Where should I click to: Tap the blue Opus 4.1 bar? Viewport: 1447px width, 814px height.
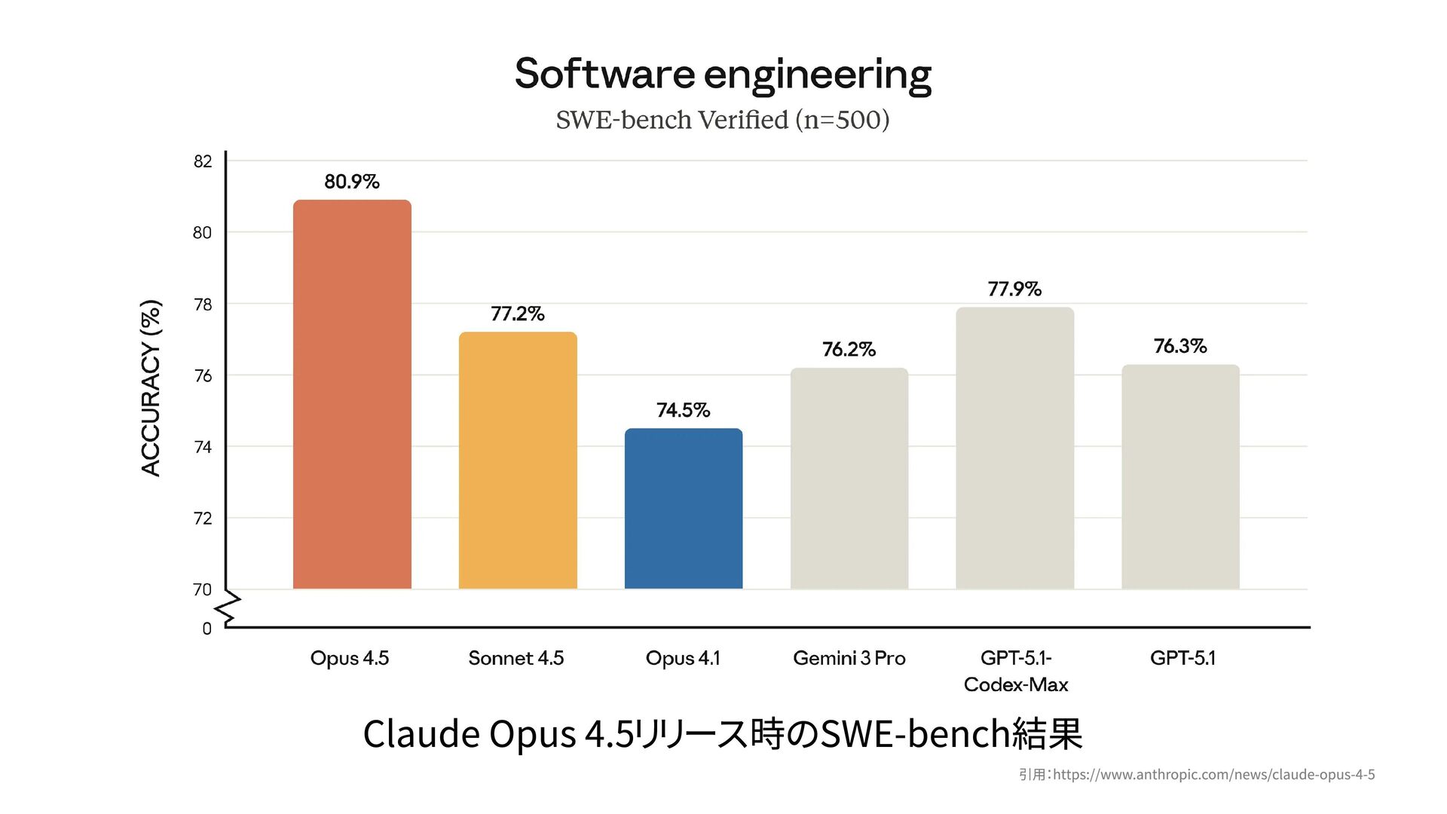coord(684,509)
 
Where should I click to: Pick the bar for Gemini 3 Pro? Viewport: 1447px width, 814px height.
coord(849,479)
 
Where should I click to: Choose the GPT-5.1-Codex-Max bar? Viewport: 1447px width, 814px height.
coord(1014,448)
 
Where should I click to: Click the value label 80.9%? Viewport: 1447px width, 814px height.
coord(352,182)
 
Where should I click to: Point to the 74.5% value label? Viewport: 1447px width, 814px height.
coord(684,410)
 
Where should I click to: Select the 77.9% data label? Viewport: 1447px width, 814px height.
coord(1014,289)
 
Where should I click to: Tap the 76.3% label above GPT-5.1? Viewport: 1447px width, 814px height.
coord(1180,346)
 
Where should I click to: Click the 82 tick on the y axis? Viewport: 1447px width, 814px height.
coord(203,161)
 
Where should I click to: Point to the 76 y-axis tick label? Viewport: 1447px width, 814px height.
coord(203,375)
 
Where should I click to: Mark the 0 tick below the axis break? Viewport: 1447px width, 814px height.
coord(206,629)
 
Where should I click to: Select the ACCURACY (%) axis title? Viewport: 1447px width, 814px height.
coord(151,388)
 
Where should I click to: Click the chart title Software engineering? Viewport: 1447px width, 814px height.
coord(723,74)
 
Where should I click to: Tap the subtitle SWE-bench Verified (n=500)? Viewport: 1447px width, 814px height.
coord(723,120)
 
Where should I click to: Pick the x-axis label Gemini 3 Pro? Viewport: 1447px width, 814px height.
coord(849,658)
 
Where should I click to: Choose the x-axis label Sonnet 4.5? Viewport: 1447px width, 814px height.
coord(516,658)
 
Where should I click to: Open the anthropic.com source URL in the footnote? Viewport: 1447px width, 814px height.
coord(1213,774)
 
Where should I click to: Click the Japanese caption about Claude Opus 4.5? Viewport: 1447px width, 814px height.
coord(723,733)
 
